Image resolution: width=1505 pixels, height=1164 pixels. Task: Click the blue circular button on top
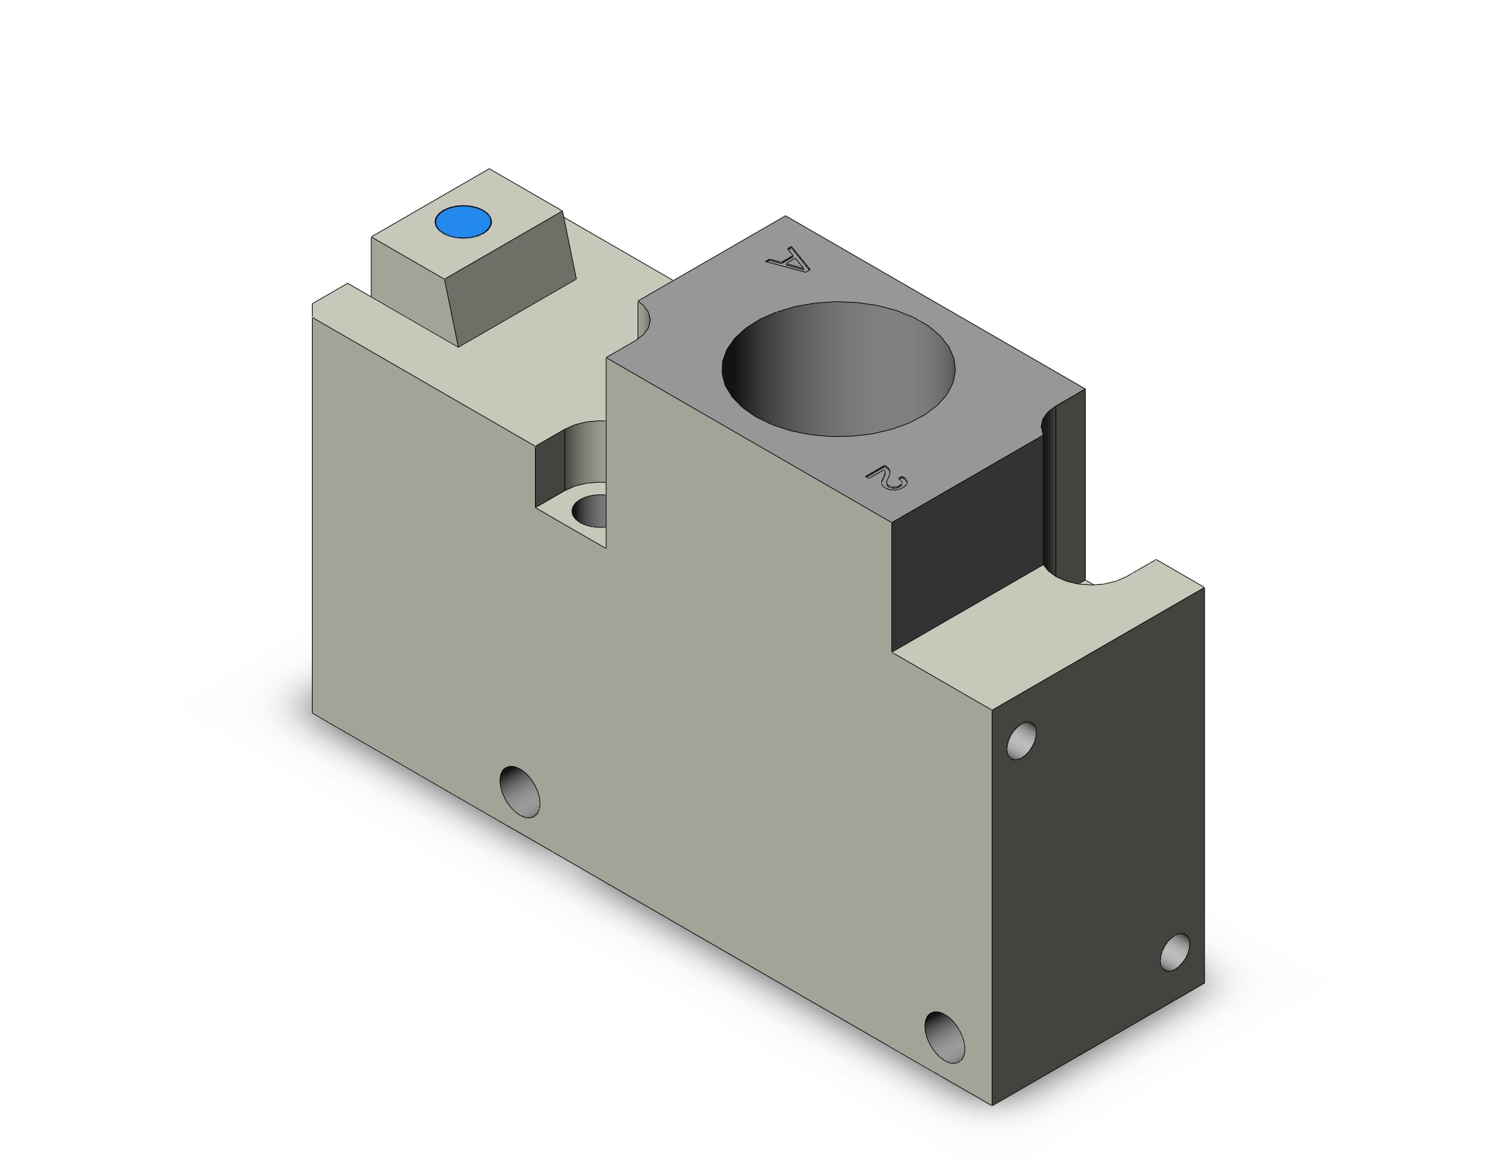click(463, 222)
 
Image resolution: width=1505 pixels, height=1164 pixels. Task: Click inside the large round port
click(839, 369)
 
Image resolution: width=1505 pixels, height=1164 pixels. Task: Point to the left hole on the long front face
click(520, 791)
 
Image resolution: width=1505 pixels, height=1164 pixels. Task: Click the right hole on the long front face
click(944, 1037)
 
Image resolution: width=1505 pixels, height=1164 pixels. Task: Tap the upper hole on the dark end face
click(1021, 741)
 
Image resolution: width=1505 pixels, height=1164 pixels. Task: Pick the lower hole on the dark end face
click(1175, 952)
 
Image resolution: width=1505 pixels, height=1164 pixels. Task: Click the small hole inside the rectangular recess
click(590, 510)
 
